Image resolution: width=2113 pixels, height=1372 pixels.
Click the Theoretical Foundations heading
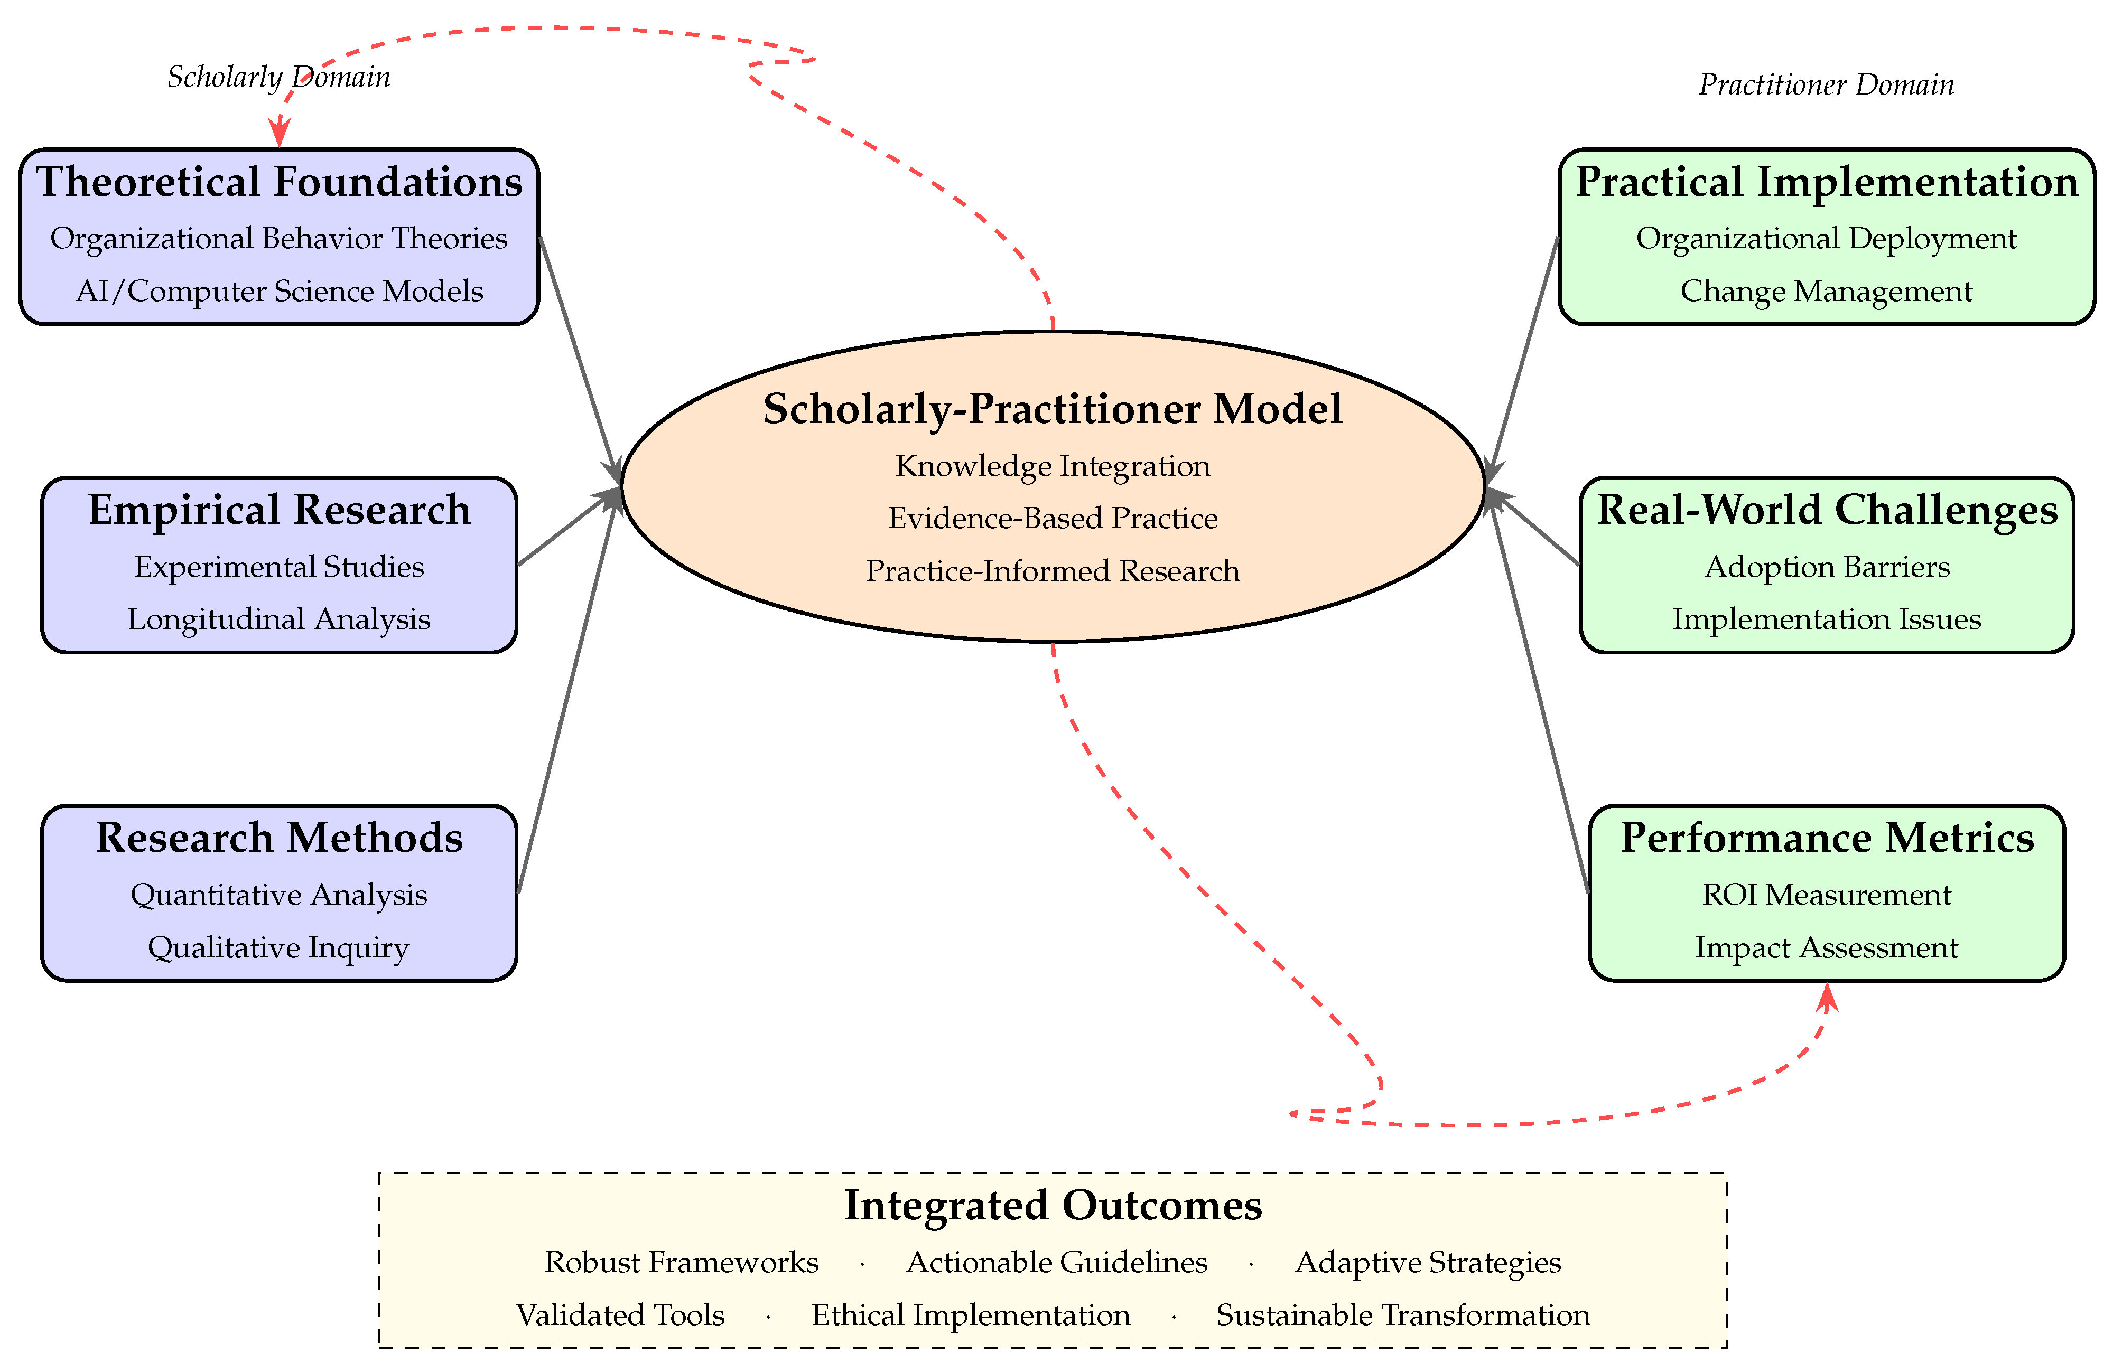pos(279,182)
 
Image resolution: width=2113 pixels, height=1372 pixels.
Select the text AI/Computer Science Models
pos(279,291)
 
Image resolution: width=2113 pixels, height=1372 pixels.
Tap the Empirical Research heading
pos(279,510)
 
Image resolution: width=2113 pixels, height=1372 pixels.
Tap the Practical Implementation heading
pos(1826,182)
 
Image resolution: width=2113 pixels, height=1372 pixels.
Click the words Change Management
pos(1826,291)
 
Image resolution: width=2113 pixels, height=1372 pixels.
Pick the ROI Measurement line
pos(1826,895)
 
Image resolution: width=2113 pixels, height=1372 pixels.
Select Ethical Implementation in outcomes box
pos(971,1315)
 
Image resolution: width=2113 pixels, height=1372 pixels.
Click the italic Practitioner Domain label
pos(1826,85)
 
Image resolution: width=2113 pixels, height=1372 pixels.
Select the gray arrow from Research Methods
pos(568,692)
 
